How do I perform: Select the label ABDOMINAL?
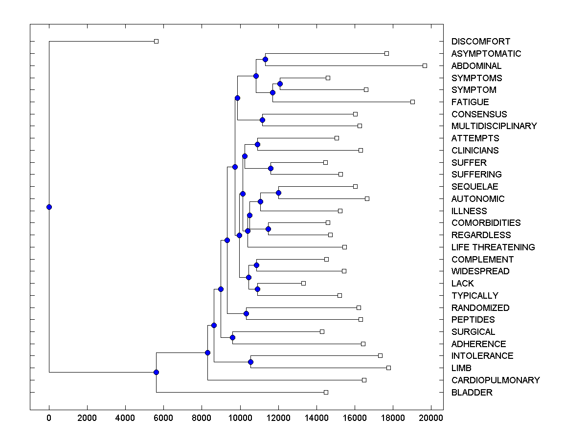476,66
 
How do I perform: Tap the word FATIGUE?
470,102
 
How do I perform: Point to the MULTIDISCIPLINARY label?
494,126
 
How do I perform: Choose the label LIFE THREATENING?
493,247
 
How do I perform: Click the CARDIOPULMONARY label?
496,380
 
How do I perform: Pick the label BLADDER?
472,393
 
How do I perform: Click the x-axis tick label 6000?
163,417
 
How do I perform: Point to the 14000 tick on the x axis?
316,417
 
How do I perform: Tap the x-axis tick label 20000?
431,417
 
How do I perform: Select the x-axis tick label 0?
49,417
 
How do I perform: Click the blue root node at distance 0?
49,207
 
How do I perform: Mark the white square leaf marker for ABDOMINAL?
425,66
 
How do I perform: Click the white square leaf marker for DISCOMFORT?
156,41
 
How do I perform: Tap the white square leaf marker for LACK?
303,283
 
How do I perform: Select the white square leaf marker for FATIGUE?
412,102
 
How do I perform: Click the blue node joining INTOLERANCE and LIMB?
250,362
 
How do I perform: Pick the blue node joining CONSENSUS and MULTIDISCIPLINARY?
262,120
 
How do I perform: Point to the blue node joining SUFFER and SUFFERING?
271,168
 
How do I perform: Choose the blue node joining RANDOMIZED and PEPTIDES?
246,313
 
